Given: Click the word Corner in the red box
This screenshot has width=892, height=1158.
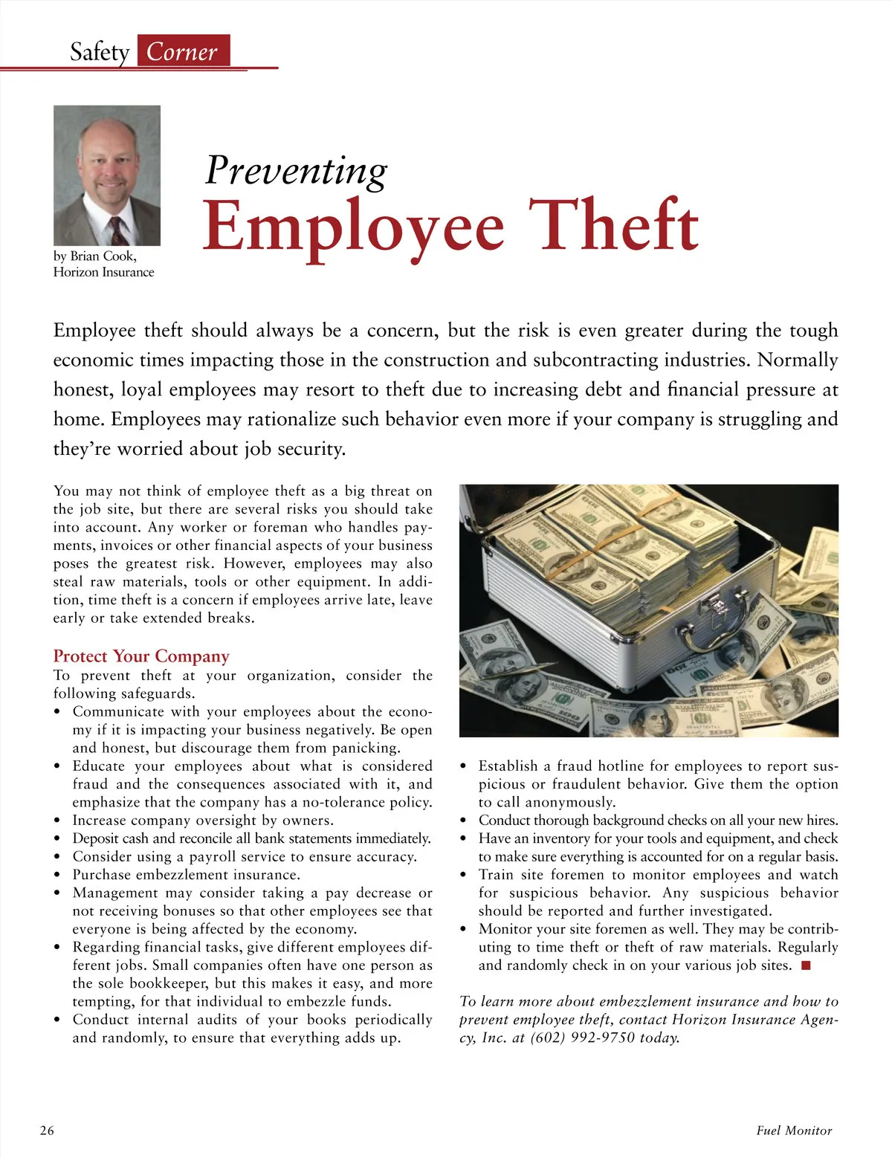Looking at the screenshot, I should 182,52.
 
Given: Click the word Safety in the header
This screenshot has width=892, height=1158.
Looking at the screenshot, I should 100,52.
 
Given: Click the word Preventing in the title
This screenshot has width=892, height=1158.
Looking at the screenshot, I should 296,170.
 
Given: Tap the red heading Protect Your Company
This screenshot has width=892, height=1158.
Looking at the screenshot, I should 141,656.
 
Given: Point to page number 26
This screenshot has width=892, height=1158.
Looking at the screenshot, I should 47,1130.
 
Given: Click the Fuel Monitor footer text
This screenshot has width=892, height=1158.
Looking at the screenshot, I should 794,1130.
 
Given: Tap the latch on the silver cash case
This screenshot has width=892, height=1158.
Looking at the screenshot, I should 718,609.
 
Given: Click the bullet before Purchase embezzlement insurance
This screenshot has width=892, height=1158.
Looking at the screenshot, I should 57,876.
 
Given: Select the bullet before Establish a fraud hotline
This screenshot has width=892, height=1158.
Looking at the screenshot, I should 464,767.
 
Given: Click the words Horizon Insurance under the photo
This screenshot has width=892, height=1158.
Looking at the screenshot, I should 103,272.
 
